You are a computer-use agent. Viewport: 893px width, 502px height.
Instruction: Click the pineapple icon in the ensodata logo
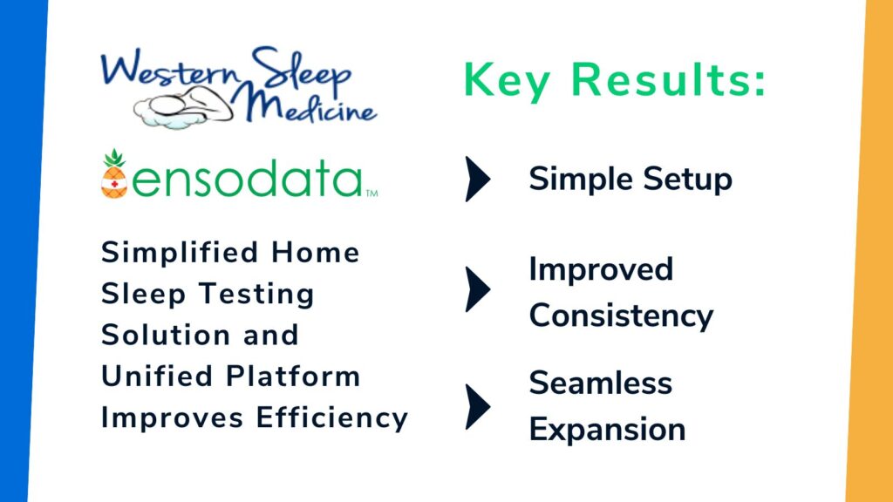tap(114, 174)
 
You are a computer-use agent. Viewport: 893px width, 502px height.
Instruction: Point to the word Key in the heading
tap(507, 81)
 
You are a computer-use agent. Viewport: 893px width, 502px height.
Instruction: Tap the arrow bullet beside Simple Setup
tap(478, 179)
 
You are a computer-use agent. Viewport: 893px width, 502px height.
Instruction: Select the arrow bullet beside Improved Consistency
tap(478, 289)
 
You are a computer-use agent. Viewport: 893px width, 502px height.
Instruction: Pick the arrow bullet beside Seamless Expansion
tap(478, 406)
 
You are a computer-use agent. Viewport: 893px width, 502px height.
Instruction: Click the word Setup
tap(687, 180)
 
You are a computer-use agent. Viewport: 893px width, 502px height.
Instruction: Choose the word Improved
tap(601, 270)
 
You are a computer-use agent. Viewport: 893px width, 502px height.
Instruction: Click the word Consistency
tap(621, 315)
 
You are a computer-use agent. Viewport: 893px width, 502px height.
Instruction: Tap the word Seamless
tap(600, 383)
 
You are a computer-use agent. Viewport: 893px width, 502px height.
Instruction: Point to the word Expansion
tap(607, 430)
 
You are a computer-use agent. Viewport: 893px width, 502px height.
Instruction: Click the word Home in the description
tap(315, 253)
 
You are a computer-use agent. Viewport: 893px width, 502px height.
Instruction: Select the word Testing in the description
tap(256, 295)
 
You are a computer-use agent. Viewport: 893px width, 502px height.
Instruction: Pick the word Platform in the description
tap(293, 376)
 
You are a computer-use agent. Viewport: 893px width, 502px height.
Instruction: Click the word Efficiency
tap(332, 418)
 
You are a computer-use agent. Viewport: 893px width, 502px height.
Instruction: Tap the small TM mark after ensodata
tap(372, 193)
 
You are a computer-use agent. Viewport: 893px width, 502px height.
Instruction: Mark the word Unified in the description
tap(157, 376)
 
